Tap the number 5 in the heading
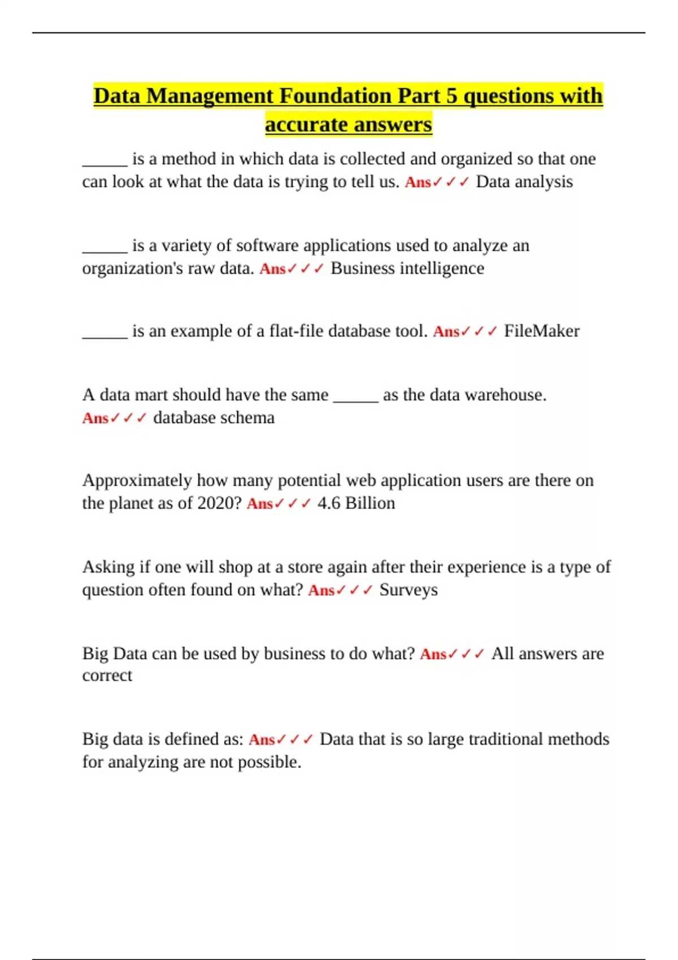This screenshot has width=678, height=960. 451,96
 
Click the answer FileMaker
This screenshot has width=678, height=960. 541,331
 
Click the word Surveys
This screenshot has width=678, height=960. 408,590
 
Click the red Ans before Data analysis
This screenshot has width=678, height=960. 418,182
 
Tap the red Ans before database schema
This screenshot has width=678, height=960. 95,418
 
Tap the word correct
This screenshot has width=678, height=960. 107,676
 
